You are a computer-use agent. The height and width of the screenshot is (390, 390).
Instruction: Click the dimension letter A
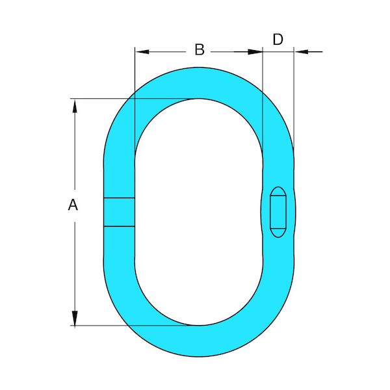click(73, 205)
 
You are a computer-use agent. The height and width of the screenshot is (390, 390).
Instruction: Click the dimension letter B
click(200, 49)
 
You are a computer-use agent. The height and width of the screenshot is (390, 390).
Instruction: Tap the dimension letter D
click(278, 39)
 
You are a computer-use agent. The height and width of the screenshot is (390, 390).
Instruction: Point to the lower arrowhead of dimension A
click(75, 318)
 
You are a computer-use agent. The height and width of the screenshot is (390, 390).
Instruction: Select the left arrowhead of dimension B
click(142, 52)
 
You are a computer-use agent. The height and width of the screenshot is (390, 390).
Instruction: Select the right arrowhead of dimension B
click(255, 52)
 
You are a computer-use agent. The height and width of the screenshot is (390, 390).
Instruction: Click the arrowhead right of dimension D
click(301, 52)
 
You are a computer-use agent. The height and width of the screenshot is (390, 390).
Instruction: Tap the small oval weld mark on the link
click(278, 212)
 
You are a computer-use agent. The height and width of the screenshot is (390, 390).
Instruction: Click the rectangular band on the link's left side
click(119, 212)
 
